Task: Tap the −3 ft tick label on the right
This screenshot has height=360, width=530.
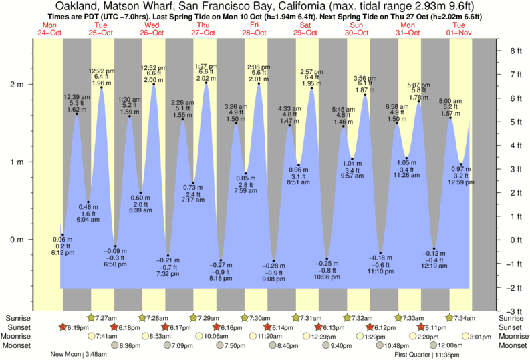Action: pos(513,311)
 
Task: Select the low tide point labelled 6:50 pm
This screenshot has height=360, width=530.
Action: pos(115,246)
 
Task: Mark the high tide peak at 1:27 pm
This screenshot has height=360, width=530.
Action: pos(206,83)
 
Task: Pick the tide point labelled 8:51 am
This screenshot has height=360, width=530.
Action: pos(299,165)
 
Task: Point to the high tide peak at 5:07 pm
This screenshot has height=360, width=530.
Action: pos(418,102)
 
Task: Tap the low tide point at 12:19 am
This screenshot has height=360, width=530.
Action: pos(434,248)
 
